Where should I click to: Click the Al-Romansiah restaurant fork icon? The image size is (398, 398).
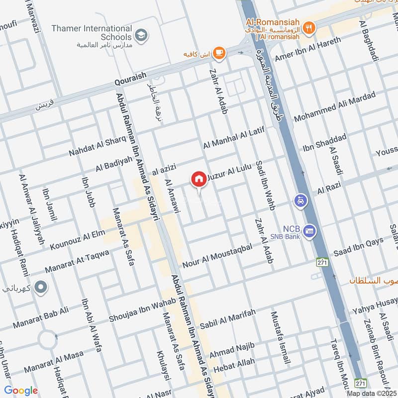pyautogui.click(x=309, y=28)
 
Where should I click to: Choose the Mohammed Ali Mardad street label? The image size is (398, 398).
pyautogui.click(x=334, y=108)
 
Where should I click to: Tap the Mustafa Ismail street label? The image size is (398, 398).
pyautogui.click(x=279, y=337)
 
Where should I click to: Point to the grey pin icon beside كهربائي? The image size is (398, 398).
pyautogui.click(x=41, y=287)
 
